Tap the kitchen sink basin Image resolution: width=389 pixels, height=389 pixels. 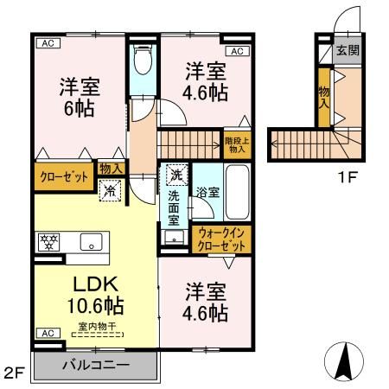[92, 241]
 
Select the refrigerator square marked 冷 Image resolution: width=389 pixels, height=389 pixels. [110, 192]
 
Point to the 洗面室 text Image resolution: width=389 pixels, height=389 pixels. [173, 207]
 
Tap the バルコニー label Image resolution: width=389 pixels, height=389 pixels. [95, 367]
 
